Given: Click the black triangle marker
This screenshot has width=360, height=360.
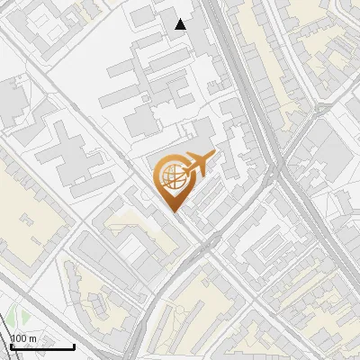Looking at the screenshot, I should pyautogui.click(x=181, y=24).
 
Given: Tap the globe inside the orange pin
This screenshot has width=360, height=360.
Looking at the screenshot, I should pyautogui.click(x=172, y=176).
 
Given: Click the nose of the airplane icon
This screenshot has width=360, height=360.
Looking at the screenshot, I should pyautogui.click(x=213, y=156).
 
